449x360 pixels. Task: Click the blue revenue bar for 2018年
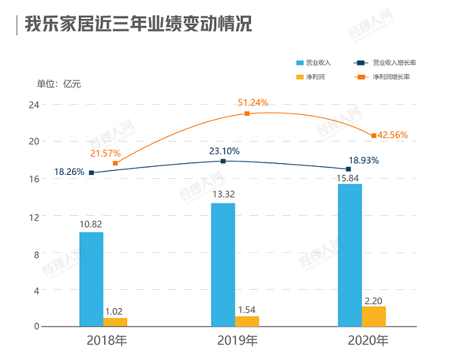[x=91, y=279]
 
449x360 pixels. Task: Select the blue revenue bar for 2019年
[x=223, y=265]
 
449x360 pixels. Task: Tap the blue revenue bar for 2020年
[x=350, y=255]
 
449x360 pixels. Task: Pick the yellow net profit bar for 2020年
[x=373, y=316]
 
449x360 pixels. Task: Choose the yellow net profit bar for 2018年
[x=115, y=322]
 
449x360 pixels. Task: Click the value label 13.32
[x=223, y=195]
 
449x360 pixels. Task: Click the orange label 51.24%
[x=252, y=103]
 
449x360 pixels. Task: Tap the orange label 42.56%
[x=393, y=135]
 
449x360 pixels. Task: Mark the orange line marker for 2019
[x=247, y=114]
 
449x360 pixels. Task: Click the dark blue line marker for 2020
[x=348, y=169]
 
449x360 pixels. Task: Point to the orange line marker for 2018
[x=115, y=163]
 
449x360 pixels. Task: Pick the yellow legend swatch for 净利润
[x=300, y=77]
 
